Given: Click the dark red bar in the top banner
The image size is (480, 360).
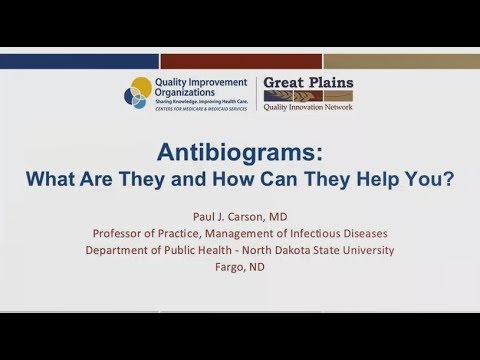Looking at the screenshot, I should pyautogui.click(x=240, y=60).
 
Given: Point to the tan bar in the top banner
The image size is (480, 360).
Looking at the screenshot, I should pyautogui.click(x=401, y=60).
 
